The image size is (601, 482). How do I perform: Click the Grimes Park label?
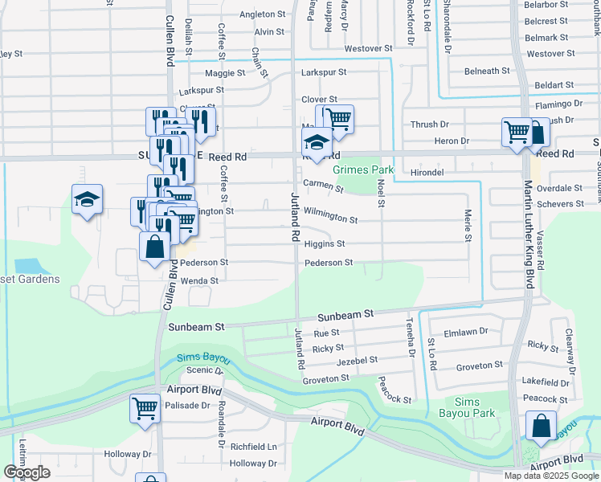tap(363, 170)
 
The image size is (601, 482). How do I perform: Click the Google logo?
tap(27, 472)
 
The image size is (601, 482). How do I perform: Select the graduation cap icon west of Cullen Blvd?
tap(87, 201)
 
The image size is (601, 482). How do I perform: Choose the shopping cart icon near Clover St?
tap(338, 119)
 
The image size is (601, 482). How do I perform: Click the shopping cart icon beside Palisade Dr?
tap(145, 407)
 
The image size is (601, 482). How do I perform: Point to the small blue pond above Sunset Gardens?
tap(27, 265)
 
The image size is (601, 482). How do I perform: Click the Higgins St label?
tap(324, 243)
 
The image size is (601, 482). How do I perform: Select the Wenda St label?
tap(199, 280)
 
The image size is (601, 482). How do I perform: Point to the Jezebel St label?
tap(357, 362)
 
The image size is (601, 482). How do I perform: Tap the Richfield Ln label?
tap(253, 446)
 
